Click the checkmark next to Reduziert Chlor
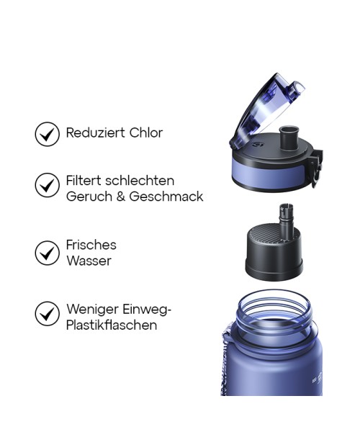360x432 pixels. (x=48, y=134)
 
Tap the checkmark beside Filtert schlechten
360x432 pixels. (x=48, y=185)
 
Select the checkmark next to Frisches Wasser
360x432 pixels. (x=48, y=253)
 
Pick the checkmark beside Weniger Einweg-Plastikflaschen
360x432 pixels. (x=48, y=314)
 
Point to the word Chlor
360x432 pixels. (x=146, y=132)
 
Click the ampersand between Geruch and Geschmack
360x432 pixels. (x=120, y=197)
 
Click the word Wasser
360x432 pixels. (x=89, y=261)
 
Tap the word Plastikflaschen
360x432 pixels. (x=112, y=325)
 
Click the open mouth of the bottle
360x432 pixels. (x=277, y=305)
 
